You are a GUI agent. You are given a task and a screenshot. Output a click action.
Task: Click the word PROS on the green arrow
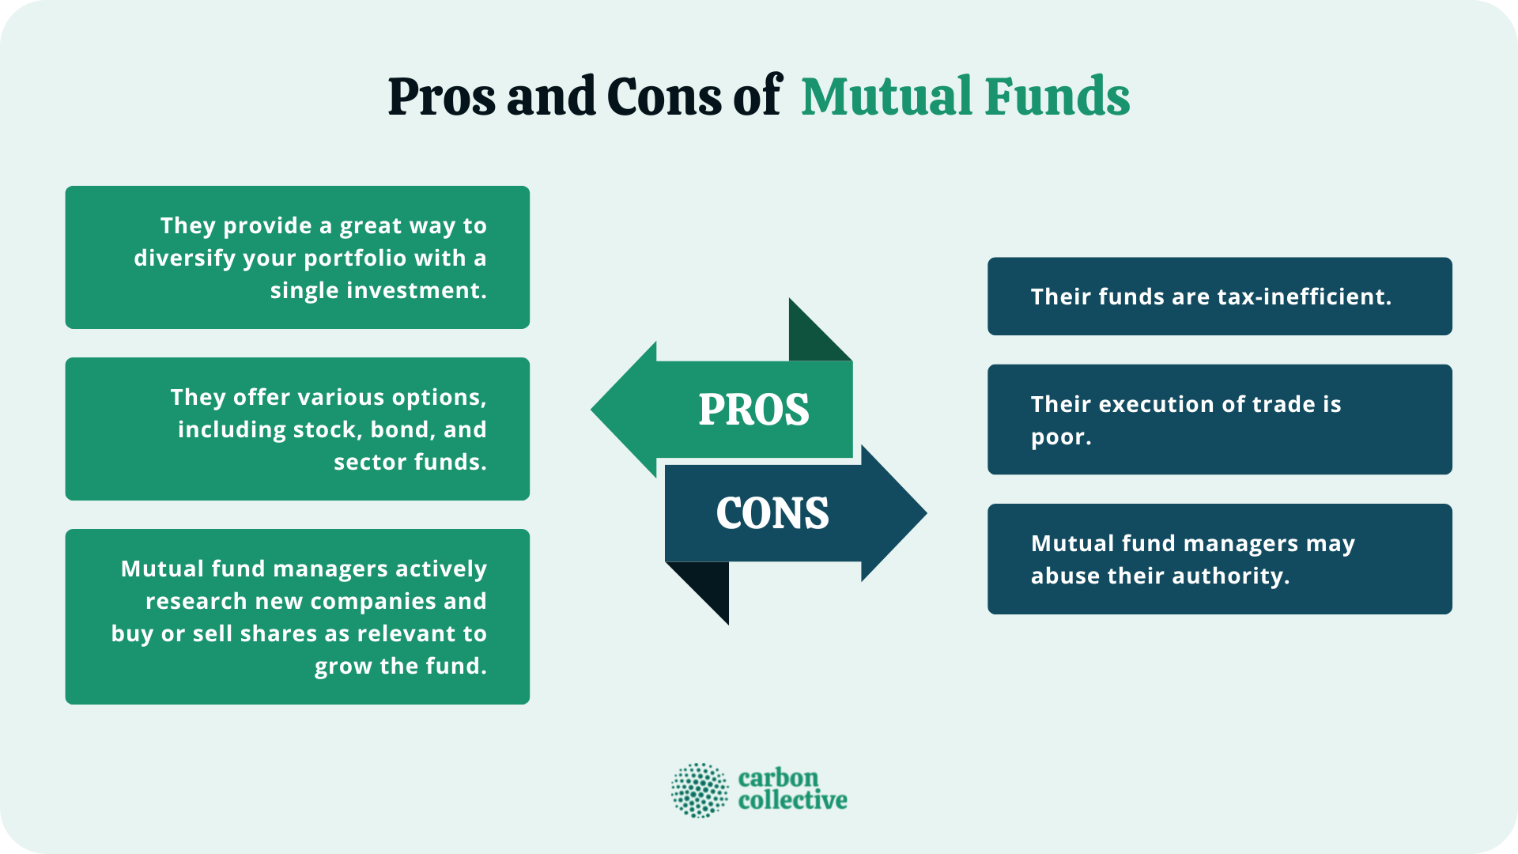pos(753,410)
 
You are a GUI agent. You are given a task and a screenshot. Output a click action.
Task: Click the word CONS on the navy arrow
pos(772,513)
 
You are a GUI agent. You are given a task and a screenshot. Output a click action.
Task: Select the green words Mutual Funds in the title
pos(965,97)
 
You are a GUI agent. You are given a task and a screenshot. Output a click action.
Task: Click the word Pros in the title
pos(442,97)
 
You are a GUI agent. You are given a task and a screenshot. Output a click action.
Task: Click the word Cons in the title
pos(664,97)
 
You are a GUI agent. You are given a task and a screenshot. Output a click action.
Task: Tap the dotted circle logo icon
pos(700,790)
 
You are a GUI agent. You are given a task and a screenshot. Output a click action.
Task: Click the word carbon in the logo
pos(778,777)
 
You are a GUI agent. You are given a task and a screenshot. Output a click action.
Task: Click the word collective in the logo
pos(792,800)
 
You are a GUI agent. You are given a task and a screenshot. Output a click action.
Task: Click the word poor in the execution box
pos(1059,437)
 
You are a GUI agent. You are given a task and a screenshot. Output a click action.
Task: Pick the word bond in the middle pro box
pos(400,430)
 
